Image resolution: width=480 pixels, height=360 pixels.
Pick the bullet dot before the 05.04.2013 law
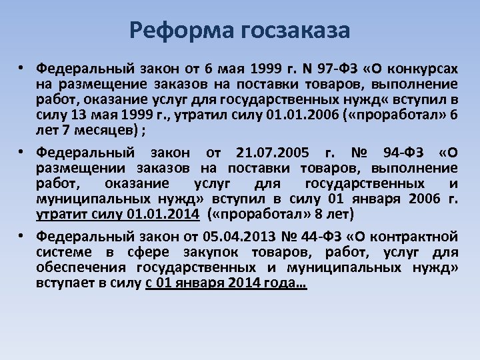click(22, 235)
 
